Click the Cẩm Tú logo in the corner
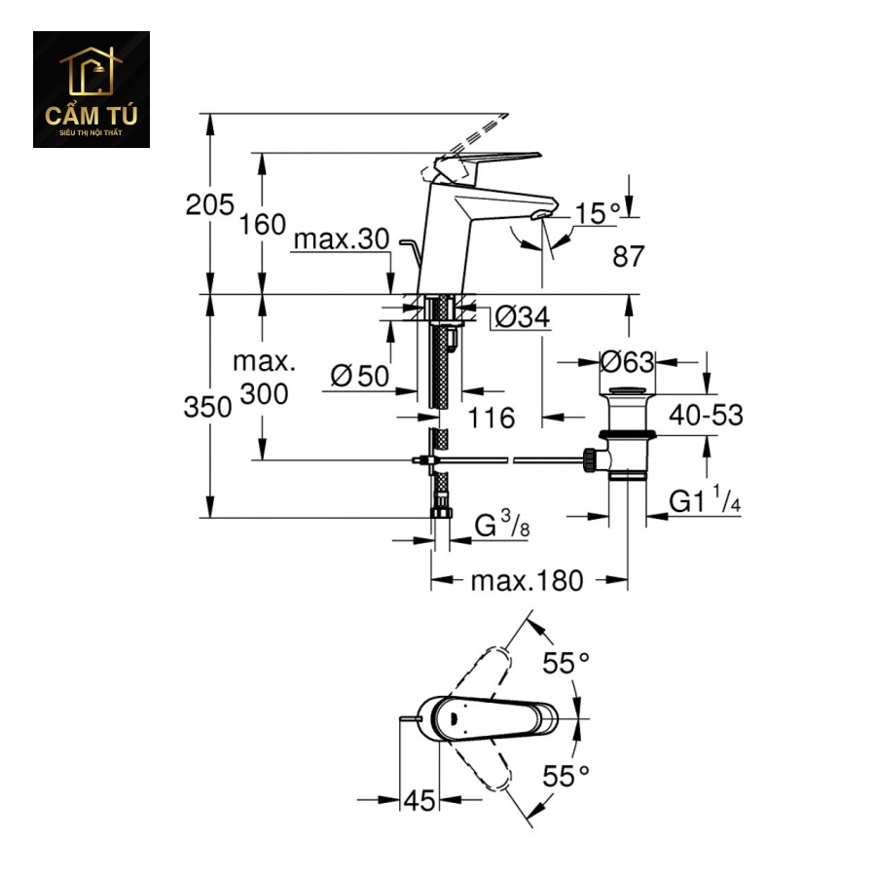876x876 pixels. click(91, 90)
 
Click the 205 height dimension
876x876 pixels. click(209, 205)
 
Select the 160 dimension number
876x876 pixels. click(262, 225)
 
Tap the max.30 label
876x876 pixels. click(342, 239)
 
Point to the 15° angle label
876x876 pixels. click(598, 213)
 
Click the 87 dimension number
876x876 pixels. click(629, 256)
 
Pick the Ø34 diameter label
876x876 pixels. click(523, 317)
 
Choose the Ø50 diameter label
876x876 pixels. click(360, 376)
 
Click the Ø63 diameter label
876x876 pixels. click(627, 362)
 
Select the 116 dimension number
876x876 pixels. click(491, 418)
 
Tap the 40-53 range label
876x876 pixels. click(707, 415)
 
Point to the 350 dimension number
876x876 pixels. click(207, 407)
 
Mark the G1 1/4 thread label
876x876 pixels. click(705, 499)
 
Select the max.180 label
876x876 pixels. click(527, 580)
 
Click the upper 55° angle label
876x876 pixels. click(566, 664)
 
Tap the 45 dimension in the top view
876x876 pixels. click(419, 801)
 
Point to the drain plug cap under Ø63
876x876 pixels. click(627, 391)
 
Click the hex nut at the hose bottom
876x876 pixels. click(441, 513)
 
